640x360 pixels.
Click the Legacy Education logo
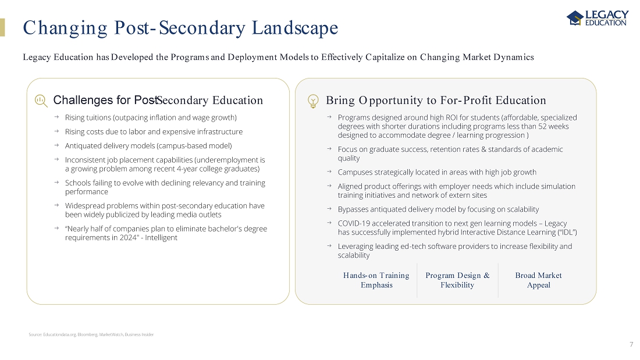pos(597,18)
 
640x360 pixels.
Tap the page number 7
pos(631,344)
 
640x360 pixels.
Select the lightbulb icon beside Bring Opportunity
pos(313,101)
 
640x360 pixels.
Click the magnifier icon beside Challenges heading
pos(40,101)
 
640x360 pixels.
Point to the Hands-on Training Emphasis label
pos(376,280)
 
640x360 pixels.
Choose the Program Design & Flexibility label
pos(457,280)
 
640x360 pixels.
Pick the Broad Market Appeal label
pos(538,280)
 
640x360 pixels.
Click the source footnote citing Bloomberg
pos(91,334)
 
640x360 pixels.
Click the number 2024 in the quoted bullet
pos(216,229)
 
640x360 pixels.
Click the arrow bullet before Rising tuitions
pos(56,117)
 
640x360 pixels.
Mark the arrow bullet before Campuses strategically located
pos(329,172)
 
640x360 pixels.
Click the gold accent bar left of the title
pos(2,27)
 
